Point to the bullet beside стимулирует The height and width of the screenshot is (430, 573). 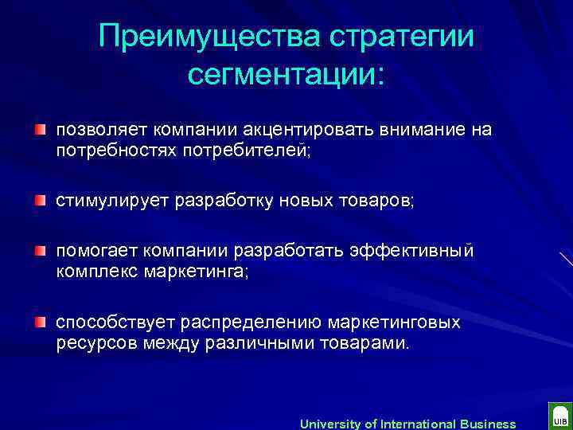point(41,200)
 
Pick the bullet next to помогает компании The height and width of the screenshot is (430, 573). point(41,252)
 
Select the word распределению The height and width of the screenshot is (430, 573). point(251,322)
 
